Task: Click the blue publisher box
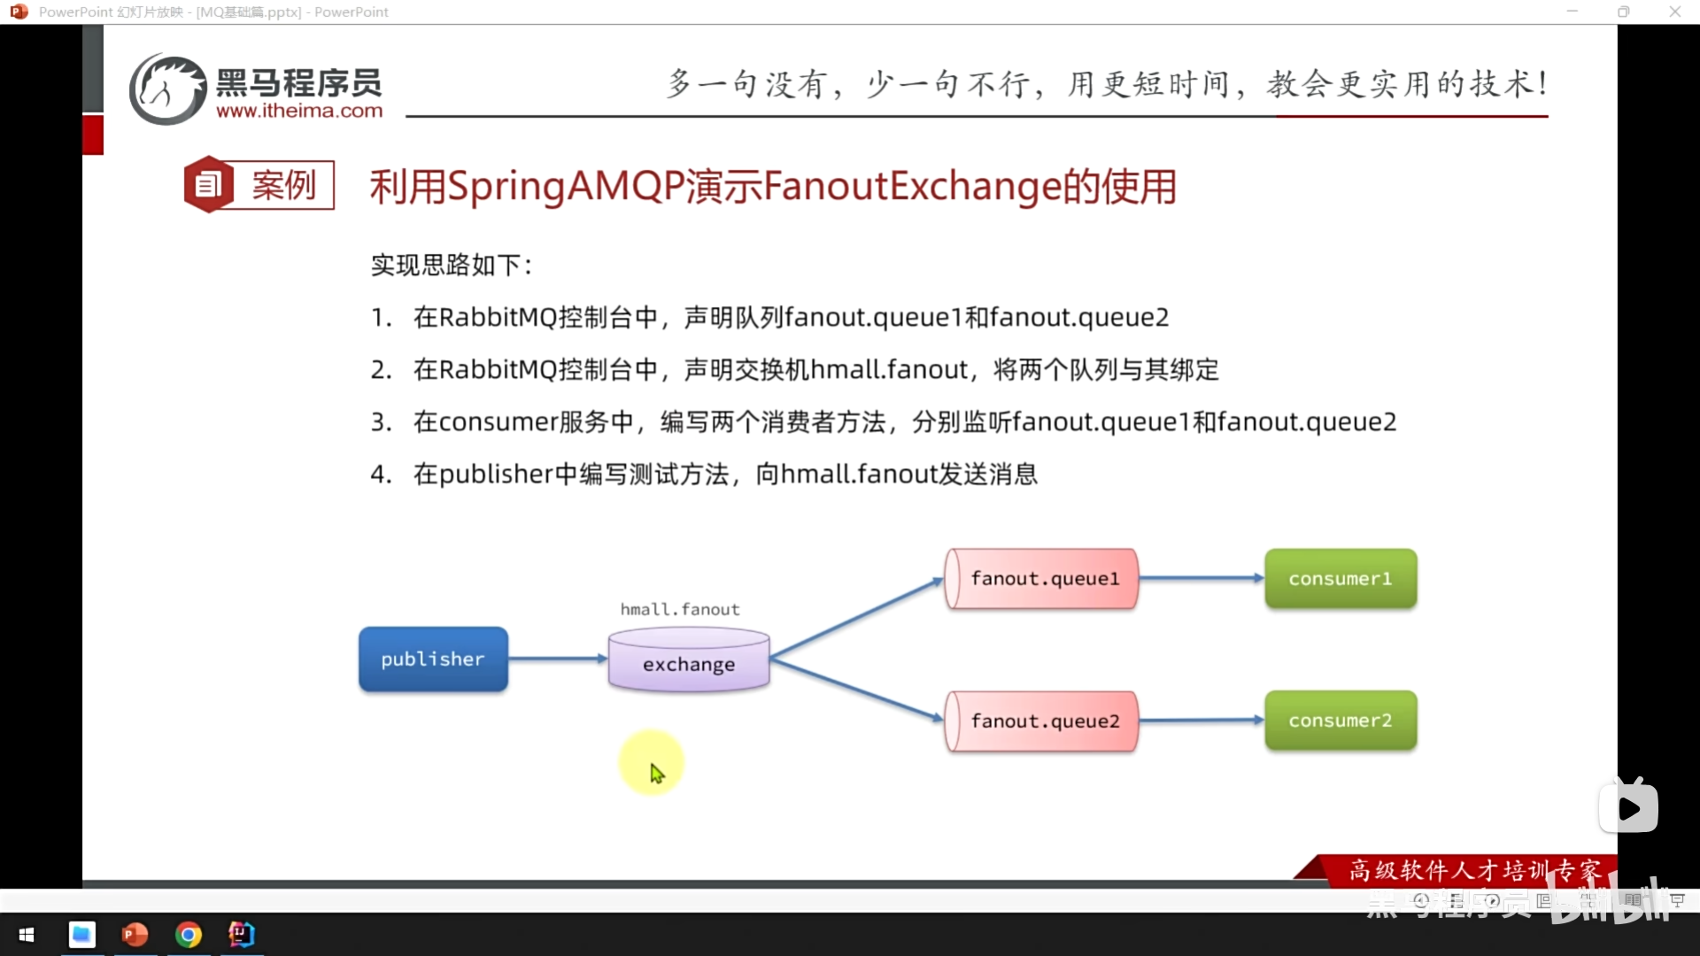pos(433,659)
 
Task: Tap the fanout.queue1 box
pos(1042,579)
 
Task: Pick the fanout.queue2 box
pos(1042,721)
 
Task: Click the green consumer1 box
pos(1341,579)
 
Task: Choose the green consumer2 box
pos(1341,721)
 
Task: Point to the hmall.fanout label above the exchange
pos(680,609)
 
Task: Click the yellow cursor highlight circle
pos(652,762)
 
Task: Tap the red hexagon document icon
pos(209,184)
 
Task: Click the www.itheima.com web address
pos(299,112)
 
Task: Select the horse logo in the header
pos(168,89)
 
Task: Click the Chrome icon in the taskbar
pos(189,935)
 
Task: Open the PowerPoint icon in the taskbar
pos(135,935)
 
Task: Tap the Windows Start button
pos(27,935)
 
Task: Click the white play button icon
pos(1628,808)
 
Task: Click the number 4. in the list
pos(381,474)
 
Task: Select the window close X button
pos(1674,12)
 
